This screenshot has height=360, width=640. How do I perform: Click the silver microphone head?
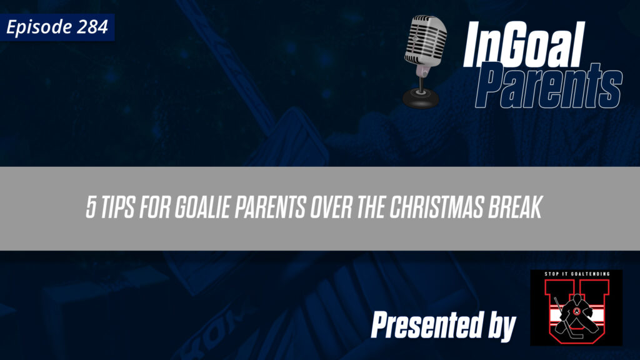425,41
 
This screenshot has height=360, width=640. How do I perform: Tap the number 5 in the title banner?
91,209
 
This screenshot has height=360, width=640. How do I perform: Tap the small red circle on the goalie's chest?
576,312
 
